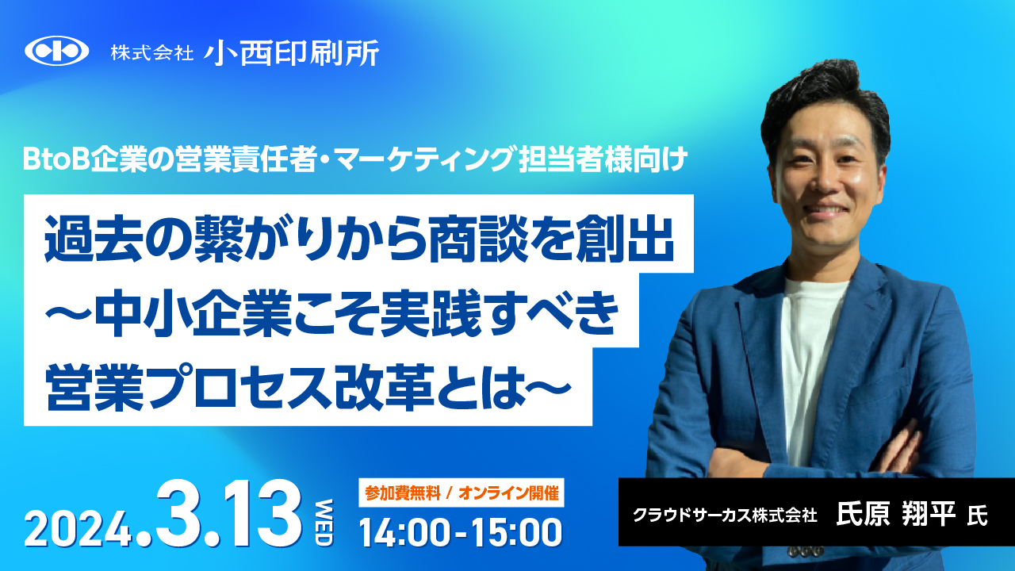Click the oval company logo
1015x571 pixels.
(x=56, y=51)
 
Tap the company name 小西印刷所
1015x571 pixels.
(x=291, y=53)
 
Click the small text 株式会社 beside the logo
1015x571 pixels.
(x=151, y=53)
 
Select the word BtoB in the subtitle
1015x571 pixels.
(x=56, y=160)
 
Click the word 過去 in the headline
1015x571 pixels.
(x=94, y=239)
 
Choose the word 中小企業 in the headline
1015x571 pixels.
(x=193, y=313)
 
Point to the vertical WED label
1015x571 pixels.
(x=324, y=522)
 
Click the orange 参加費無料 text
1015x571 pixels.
(x=402, y=493)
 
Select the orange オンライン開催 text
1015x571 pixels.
(x=508, y=493)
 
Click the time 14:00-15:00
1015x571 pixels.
(x=461, y=532)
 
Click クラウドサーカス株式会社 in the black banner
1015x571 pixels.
(x=725, y=515)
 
